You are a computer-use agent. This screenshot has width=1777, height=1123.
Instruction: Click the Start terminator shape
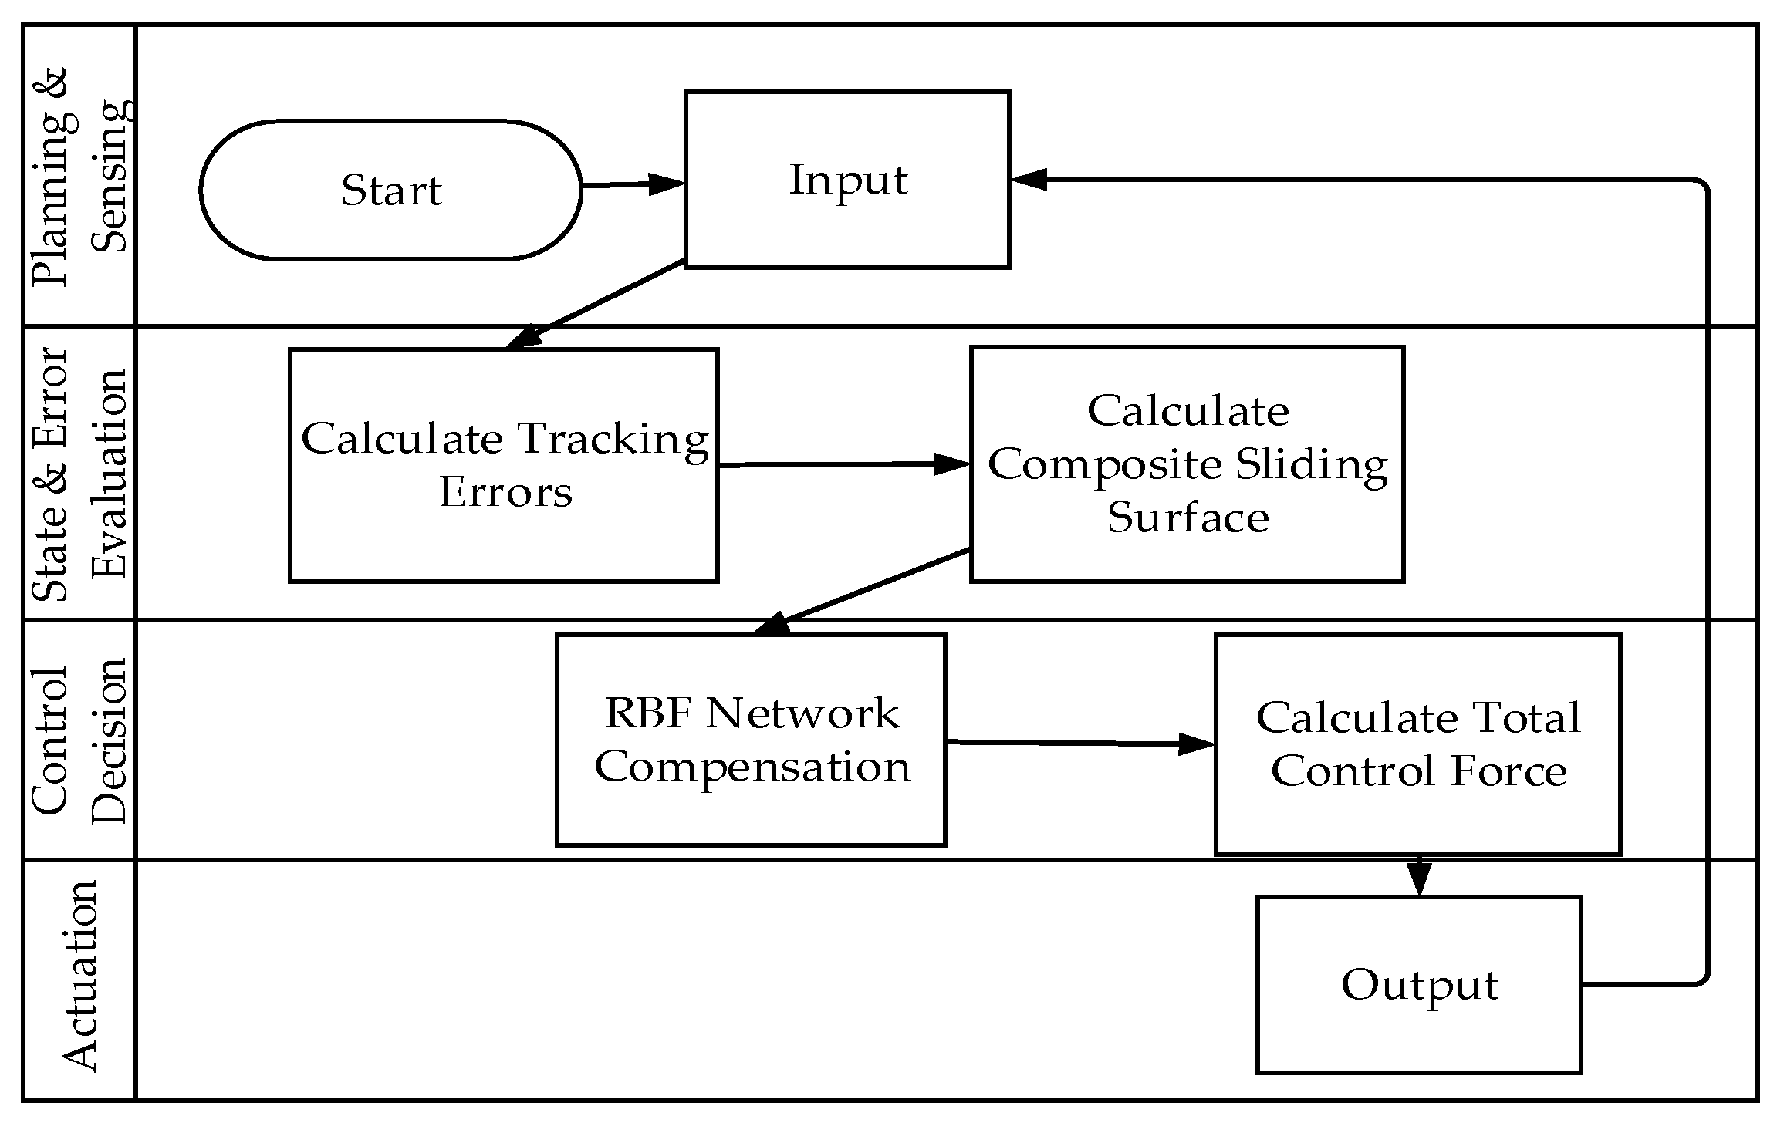(390, 190)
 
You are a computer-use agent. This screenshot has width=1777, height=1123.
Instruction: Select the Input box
(847, 180)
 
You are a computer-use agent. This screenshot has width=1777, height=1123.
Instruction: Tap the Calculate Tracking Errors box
(504, 465)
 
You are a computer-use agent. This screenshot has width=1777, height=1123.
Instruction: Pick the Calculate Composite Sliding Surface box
(1187, 464)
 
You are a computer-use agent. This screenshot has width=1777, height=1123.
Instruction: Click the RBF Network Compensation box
(751, 740)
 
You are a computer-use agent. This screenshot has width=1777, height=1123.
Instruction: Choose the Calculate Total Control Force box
(1417, 744)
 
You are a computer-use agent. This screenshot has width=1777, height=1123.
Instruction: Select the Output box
(1419, 984)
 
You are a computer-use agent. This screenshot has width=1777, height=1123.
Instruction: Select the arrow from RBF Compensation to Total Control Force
(1080, 743)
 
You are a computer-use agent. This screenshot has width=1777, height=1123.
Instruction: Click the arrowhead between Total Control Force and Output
(1418, 877)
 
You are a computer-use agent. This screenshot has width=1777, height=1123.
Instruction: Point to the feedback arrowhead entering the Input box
(1029, 180)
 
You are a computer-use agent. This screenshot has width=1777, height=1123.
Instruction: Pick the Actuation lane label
(79, 975)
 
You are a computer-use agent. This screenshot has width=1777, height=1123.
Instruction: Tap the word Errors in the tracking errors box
(505, 493)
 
